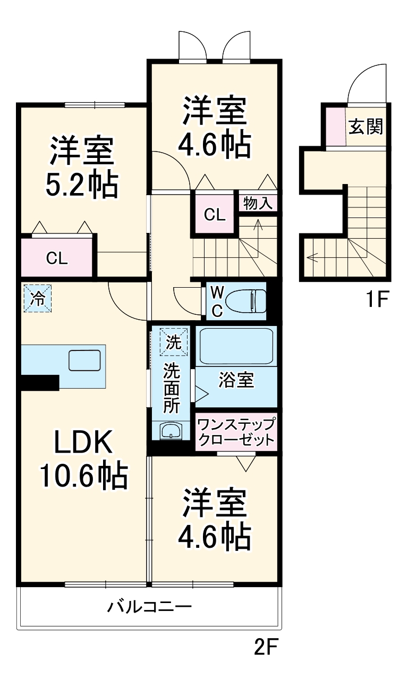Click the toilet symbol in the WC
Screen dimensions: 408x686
click(x=247, y=301)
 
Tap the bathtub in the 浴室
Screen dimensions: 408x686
click(x=236, y=346)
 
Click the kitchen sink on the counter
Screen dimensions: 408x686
click(x=84, y=360)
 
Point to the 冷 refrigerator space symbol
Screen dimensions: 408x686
click(x=38, y=298)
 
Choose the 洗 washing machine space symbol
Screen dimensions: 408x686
click(x=174, y=342)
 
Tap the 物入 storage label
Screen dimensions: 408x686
click(x=258, y=203)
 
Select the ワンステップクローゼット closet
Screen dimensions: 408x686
click(x=236, y=431)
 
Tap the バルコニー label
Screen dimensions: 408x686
click(x=150, y=607)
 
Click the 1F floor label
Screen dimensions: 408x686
click(x=377, y=299)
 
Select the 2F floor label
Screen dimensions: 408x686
click(x=266, y=647)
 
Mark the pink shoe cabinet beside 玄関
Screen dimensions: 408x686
click(x=336, y=126)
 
